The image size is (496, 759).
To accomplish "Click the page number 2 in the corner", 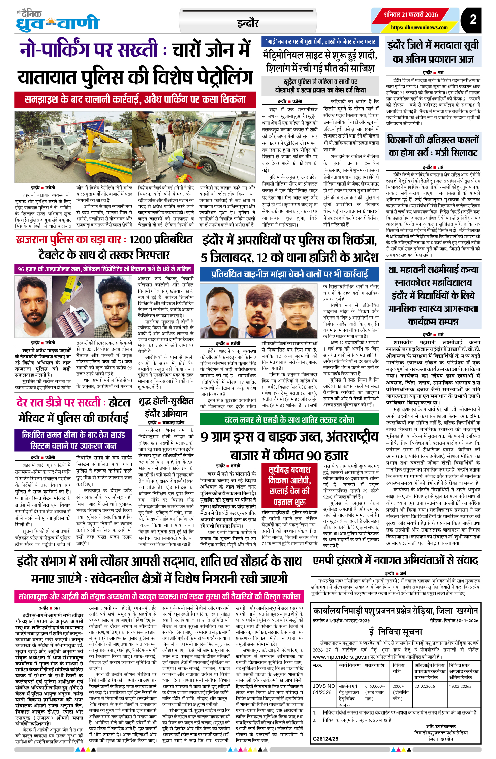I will click(473, 19).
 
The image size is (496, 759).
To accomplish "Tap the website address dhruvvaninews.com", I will click(419, 27).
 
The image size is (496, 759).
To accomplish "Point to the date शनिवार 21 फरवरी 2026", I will click(411, 14).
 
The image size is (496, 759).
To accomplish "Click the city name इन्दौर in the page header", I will click(248, 23).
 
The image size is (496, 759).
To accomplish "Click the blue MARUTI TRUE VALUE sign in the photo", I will click(92, 125).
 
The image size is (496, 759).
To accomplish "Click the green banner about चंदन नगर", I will click(289, 420).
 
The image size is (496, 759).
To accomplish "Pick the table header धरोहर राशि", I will click(375, 665).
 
